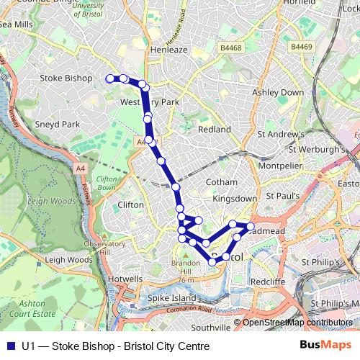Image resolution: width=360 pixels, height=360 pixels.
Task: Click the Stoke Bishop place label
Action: point(66,78)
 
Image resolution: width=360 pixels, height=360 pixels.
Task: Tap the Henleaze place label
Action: point(168,50)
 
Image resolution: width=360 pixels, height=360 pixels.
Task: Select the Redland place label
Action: point(214,129)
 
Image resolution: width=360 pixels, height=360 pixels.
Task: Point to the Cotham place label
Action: point(221,182)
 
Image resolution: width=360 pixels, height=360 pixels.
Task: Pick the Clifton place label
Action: point(130,204)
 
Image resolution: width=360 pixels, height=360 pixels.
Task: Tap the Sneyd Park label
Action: point(60,124)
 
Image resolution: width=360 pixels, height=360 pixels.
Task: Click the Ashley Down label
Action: point(278,92)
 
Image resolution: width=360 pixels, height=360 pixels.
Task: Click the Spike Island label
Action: point(172,297)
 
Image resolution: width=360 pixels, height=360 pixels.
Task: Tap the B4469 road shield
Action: point(301,47)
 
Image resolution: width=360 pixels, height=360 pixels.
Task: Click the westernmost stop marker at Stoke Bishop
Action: point(110,78)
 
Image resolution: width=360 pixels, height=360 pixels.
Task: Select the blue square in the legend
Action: point(10,346)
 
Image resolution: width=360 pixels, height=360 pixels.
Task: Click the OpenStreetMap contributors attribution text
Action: point(298,323)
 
